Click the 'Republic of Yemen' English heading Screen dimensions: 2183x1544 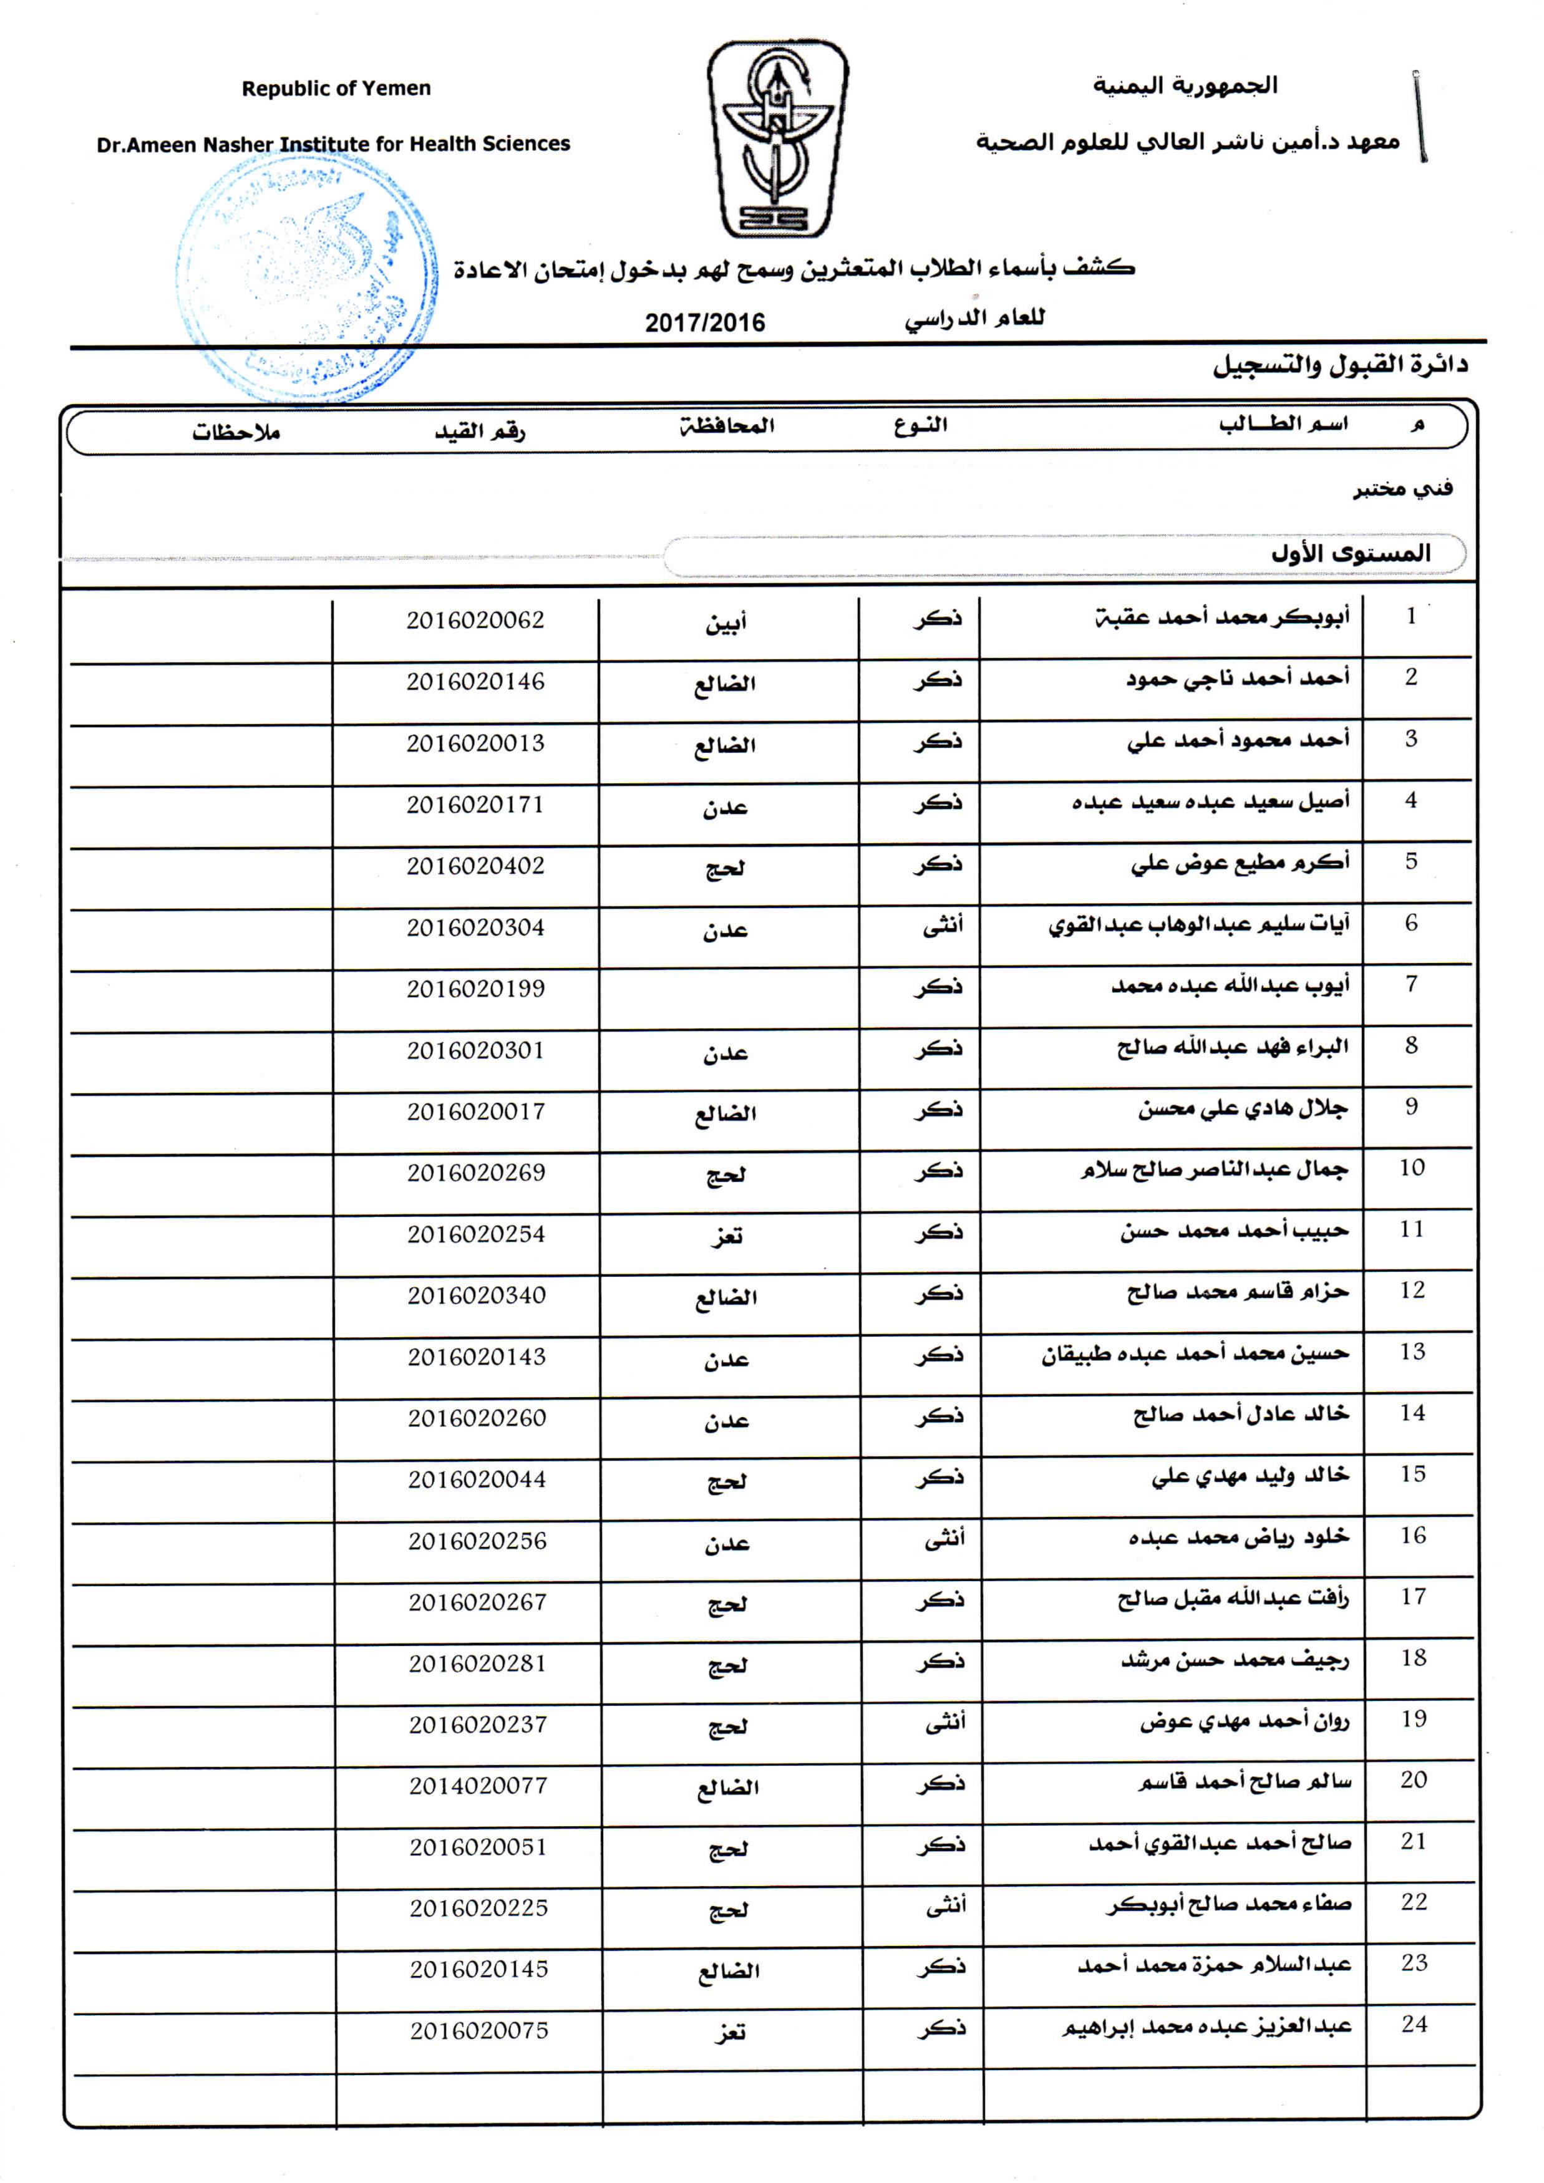tap(336, 89)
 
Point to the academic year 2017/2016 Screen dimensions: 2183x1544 tap(704, 322)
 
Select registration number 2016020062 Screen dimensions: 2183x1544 tap(475, 621)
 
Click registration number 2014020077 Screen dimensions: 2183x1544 tap(478, 1786)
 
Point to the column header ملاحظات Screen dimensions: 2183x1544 tap(236, 433)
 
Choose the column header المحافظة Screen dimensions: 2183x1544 tap(726, 425)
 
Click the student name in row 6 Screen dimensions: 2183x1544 tap(1199, 925)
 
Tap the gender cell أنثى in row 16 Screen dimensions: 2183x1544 tap(944, 1538)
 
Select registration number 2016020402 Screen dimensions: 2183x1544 tap(475, 866)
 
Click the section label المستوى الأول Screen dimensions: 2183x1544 tap(1350, 553)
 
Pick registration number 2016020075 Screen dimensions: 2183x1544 tap(479, 2030)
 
